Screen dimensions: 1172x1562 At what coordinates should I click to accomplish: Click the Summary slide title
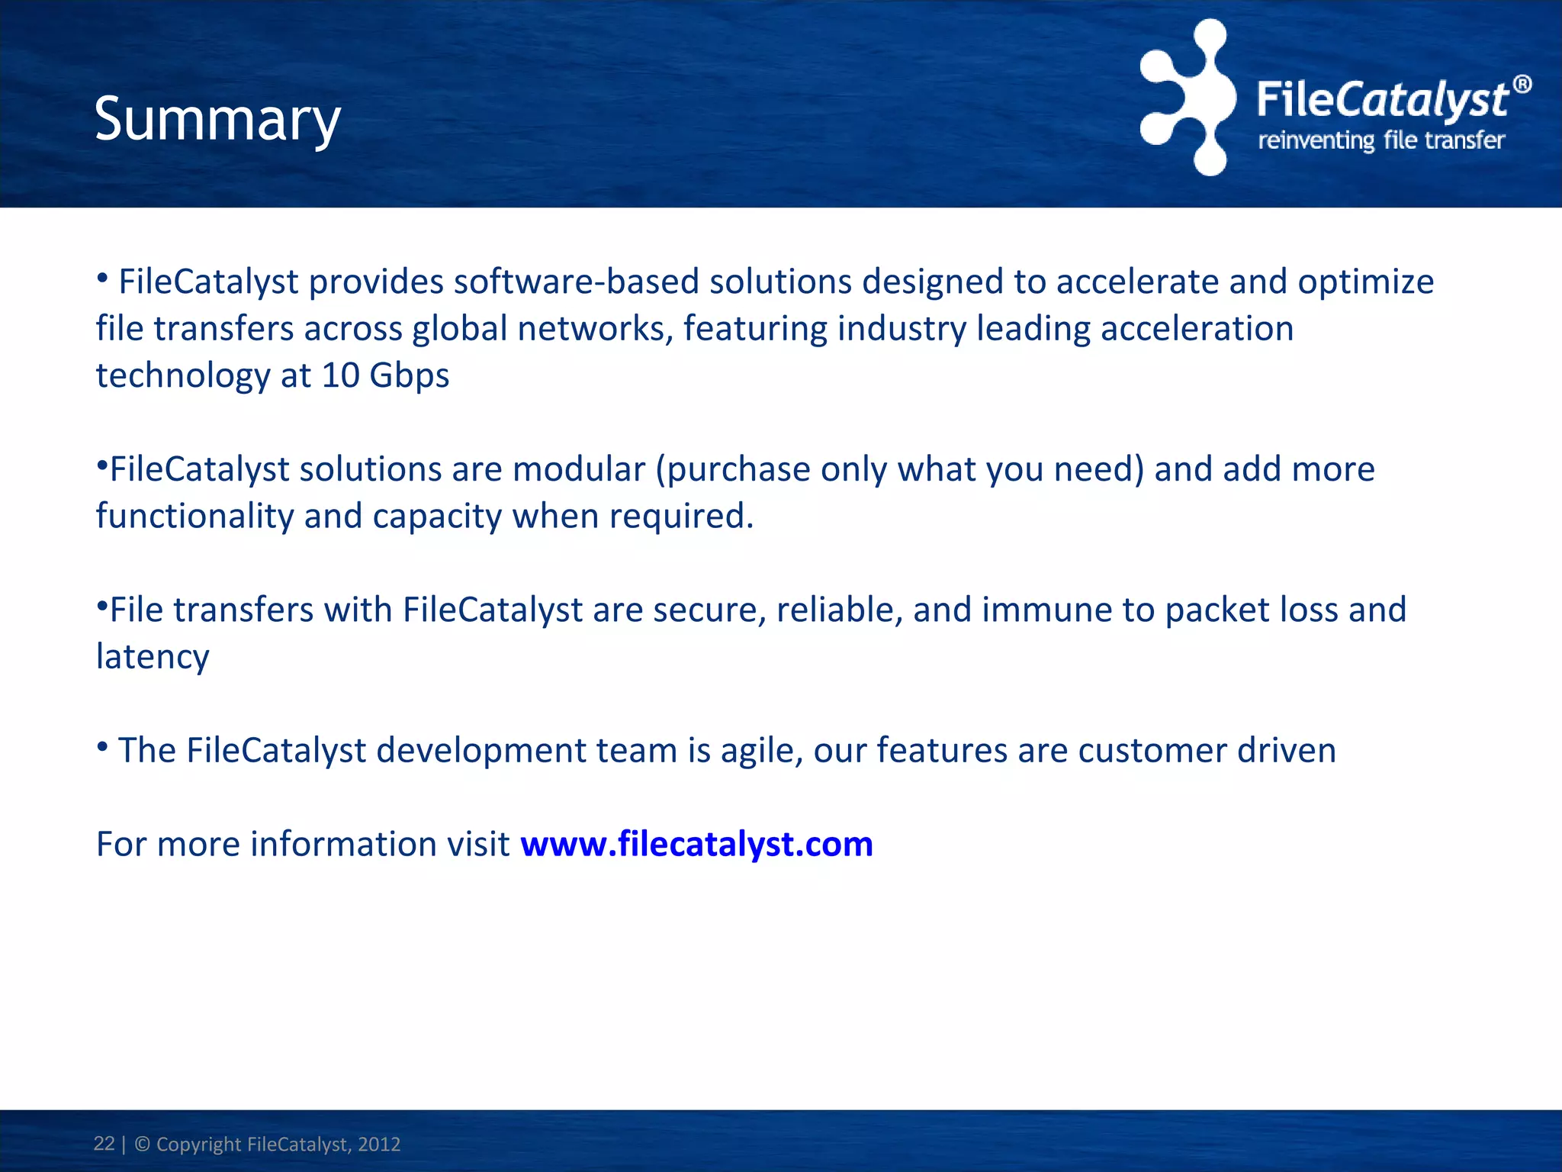pyautogui.click(x=217, y=120)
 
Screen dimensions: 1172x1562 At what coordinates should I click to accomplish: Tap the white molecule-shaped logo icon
pyautogui.click(x=1188, y=98)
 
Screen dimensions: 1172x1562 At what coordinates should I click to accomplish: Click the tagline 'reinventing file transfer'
pyautogui.click(x=1381, y=140)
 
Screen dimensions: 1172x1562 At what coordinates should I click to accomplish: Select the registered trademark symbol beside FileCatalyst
pyautogui.click(x=1522, y=84)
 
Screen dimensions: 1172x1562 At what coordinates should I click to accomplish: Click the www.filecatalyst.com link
pyautogui.click(x=696, y=844)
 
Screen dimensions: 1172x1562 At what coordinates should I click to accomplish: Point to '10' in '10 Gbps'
pyautogui.click(x=340, y=375)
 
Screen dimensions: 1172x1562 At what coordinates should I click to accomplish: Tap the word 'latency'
pyautogui.click(x=153, y=658)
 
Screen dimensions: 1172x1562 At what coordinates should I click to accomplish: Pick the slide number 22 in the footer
pyautogui.click(x=104, y=1143)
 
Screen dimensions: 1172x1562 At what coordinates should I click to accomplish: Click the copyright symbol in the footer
pyautogui.click(x=142, y=1144)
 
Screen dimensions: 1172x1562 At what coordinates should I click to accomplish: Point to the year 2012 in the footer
pyautogui.click(x=379, y=1144)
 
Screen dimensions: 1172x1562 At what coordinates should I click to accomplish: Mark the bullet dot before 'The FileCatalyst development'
pyautogui.click(x=102, y=749)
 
